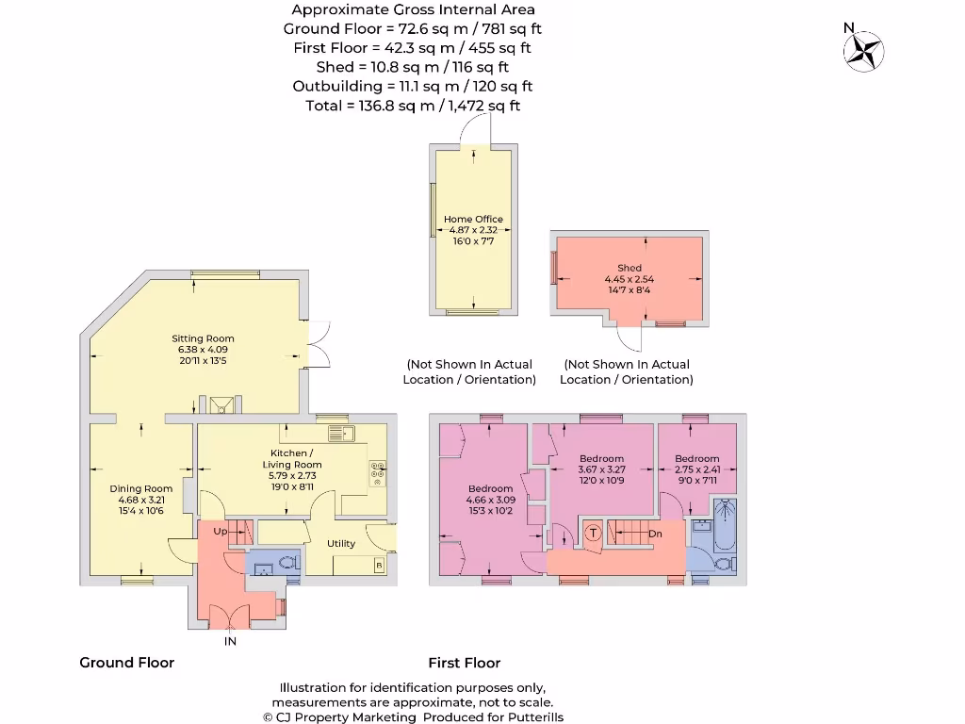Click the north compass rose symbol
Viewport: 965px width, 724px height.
863,51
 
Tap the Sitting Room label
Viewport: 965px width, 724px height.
203,338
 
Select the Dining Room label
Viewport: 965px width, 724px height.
141,489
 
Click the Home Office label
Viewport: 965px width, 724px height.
473,219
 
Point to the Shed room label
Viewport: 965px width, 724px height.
630,268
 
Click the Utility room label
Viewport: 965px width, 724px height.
341,544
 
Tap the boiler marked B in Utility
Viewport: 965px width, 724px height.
379,566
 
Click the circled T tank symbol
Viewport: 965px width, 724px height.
593,533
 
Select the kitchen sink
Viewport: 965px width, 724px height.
341,434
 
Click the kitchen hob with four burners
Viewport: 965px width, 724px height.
377,473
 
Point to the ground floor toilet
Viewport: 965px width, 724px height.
289,562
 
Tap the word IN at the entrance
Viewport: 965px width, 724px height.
230,641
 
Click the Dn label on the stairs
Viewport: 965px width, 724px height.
656,534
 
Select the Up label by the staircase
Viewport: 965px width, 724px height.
221,532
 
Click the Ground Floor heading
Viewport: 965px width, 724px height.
127,663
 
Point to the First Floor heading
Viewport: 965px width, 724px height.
465,663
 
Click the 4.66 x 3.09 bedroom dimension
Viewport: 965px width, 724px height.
490,500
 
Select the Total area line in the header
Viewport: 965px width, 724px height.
413,106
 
